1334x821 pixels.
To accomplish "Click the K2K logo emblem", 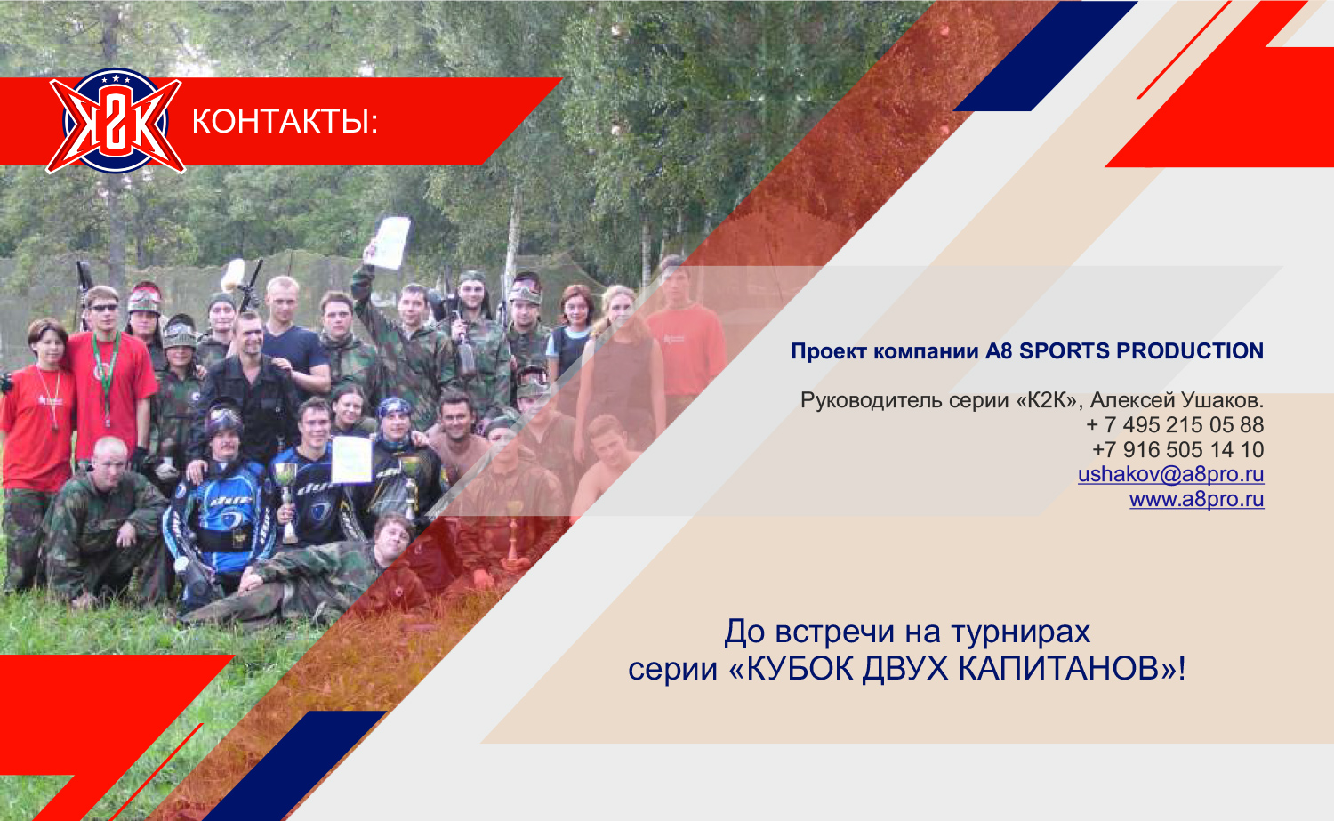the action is pos(116,121).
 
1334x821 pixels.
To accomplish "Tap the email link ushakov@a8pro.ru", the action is pos(1171,474).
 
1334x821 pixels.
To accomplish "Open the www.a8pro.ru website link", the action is pos(1197,499).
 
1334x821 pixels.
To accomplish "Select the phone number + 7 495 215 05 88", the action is pos(1175,425).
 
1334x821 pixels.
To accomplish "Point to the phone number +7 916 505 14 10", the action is pos(1178,449).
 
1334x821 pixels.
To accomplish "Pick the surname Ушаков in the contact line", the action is pos(1222,399).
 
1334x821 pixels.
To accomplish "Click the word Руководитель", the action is pos(871,400).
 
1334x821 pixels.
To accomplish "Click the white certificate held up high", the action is pos(389,242).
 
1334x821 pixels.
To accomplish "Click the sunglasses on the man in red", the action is pos(104,308).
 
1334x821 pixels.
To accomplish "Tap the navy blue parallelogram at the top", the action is pos(1046,56).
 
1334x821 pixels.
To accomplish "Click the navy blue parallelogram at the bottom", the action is pos(294,766).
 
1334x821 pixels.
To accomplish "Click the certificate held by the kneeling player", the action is pos(351,459).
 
